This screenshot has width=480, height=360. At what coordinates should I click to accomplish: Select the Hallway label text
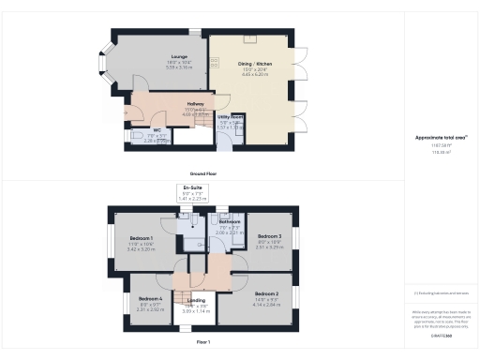click(195, 104)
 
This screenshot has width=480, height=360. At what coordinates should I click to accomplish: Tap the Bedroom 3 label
click(269, 236)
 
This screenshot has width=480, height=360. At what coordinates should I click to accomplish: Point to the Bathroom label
click(231, 222)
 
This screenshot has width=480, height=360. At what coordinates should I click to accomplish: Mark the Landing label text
click(196, 302)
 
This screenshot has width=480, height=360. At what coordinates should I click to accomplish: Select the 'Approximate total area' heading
click(441, 137)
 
